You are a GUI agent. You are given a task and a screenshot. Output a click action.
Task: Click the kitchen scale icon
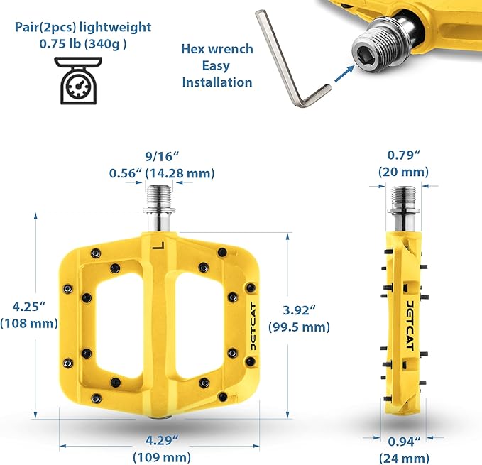[x=78, y=80]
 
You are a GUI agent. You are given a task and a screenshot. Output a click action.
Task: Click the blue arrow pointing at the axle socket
[x=344, y=74]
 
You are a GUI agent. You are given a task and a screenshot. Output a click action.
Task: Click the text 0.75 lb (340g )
[x=82, y=44]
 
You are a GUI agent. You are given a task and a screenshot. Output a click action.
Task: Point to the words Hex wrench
[x=217, y=49]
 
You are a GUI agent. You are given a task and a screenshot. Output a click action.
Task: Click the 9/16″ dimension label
[x=162, y=156]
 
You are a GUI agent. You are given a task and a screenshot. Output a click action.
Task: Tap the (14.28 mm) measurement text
[x=180, y=173]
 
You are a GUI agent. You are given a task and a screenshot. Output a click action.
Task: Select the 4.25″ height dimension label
[x=29, y=307]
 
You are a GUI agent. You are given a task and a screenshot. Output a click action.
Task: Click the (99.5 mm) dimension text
[x=299, y=327]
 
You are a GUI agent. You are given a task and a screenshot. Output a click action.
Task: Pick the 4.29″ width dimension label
[x=162, y=440]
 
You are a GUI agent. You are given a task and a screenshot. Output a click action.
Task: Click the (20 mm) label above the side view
[x=403, y=172]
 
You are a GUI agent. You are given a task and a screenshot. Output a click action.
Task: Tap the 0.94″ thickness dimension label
[x=404, y=442]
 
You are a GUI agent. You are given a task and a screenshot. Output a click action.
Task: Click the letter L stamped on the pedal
[x=159, y=245]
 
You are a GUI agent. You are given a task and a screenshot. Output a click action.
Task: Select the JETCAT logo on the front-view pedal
[x=253, y=326]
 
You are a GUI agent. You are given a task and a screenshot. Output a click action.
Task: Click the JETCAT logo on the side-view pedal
[x=410, y=326]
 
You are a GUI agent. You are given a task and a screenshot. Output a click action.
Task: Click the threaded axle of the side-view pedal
[x=403, y=197]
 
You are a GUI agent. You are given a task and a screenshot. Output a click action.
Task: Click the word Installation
[x=217, y=82]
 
